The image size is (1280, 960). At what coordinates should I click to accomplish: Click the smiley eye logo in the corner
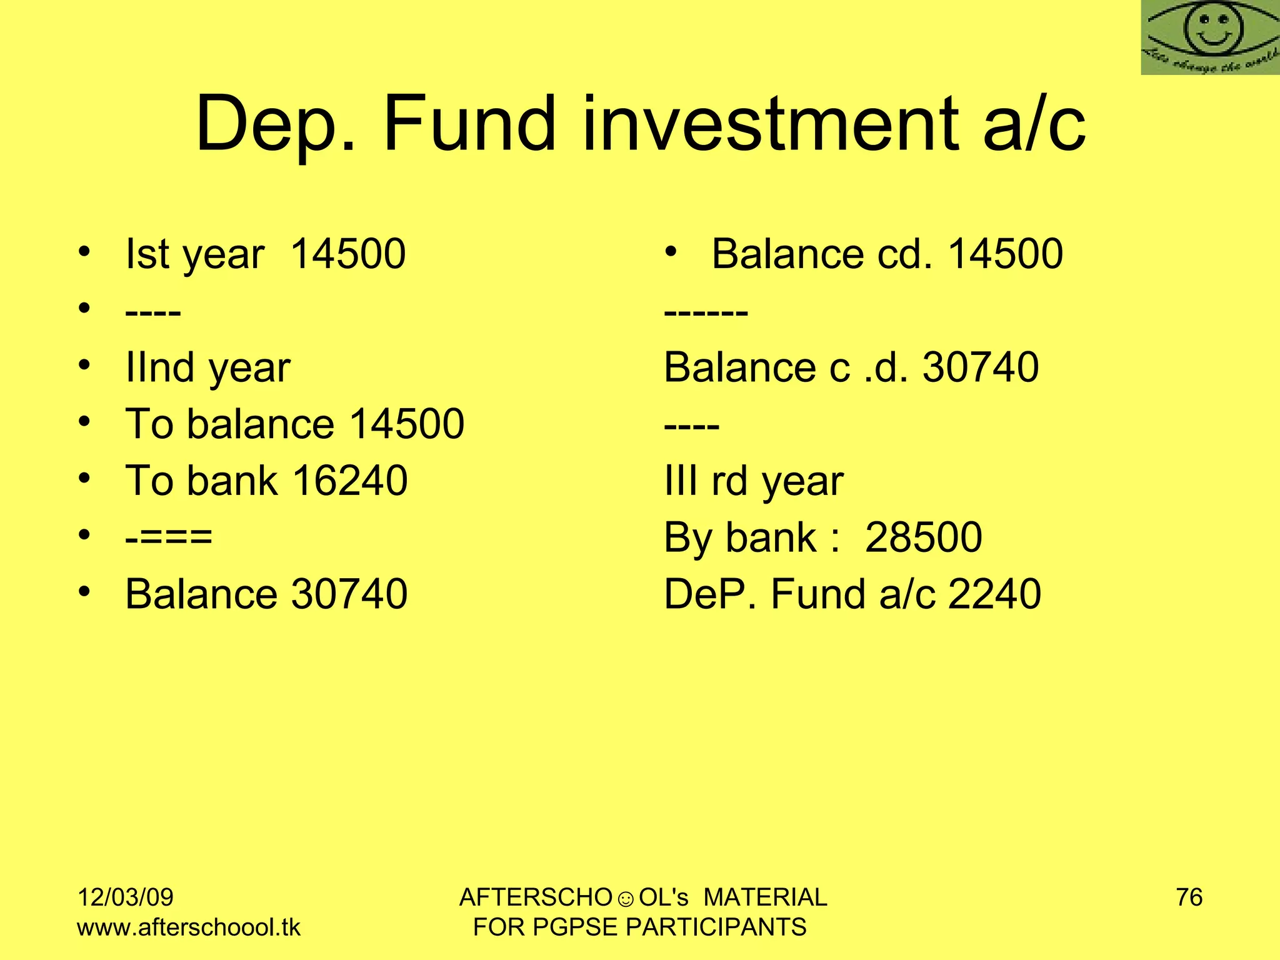pos(1210,37)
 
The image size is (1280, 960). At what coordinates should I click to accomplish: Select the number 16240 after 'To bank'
pos(350,481)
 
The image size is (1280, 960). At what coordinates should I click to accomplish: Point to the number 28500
pos(923,537)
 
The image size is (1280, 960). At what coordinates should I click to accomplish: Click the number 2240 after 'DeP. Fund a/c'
pos(994,594)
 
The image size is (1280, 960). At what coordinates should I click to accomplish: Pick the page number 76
pos(1189,897)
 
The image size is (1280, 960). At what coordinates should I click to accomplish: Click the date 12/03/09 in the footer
pos(125,897)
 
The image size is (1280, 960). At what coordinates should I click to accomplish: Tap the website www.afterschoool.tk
pos(189,927)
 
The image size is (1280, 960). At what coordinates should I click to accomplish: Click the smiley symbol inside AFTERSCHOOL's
pos(625,899)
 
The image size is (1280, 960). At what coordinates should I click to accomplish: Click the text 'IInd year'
pos(207,367)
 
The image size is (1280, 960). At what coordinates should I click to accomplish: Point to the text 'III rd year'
pos(753,481)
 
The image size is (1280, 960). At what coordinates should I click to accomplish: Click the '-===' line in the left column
pos(169,537)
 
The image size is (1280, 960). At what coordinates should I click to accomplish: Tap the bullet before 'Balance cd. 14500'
pos(671,252)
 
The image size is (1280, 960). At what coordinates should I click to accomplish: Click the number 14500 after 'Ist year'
pos(348,254)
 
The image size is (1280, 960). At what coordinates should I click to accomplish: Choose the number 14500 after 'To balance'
pos(407,424)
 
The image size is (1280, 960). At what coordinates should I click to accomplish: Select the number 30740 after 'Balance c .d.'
pos(981,367)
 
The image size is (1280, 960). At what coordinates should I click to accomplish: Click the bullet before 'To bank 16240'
pos(85,479)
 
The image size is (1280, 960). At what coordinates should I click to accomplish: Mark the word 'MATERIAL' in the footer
pos(765,897)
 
